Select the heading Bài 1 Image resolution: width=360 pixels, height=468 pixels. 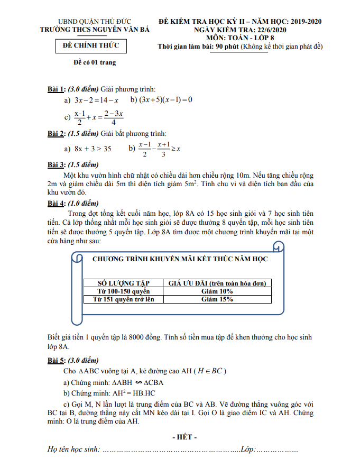pyautogui.click(x=57, y=88)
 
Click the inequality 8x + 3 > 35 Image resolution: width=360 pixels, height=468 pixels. pyautogui.click(x=93, y=149)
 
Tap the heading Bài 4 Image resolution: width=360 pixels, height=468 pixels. pyautogui.click(x=57, y=203)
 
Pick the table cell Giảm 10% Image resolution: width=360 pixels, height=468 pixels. pyautogui.click(x=217, y=291)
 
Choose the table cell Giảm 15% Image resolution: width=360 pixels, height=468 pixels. pyautogui.click(x=217, y=299)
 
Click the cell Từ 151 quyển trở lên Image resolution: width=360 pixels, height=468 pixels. pyautogui.click(x=123, y=299)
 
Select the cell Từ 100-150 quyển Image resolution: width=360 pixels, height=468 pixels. pyautogui.click(x=123, y=291)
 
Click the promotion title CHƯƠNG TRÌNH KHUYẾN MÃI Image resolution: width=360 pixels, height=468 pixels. pyautogui.click(x=180, y=259)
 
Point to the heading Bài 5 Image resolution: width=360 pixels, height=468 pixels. pyautogui.click(x=57, y=360)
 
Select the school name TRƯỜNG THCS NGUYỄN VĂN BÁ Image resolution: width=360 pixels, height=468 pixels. pyautogui.click(x=95, y=30)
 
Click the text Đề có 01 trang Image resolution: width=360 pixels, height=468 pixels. pyautogui.click(x=94, y=63)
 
